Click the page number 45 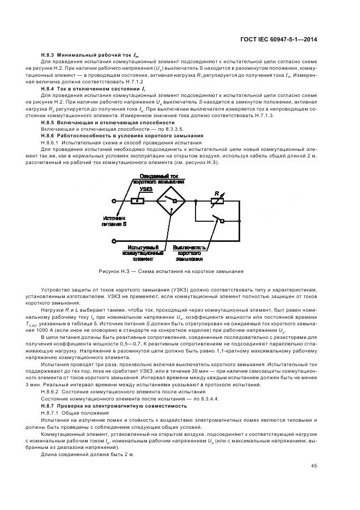click(x=314, y=465)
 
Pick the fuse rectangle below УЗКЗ click(x=137, y=201)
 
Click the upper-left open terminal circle click(x=114, y=201)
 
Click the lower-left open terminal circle click(x=114, y=240)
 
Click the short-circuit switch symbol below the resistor click(x=219, y=220)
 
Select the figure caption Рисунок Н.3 click(x=171, y=271)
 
